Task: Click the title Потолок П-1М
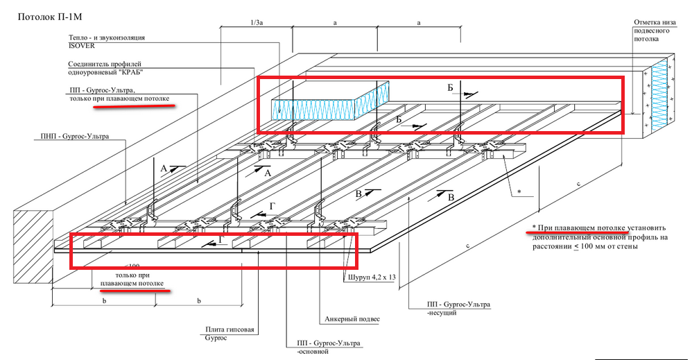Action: click(50, 17)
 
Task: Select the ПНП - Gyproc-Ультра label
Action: click(75, 137)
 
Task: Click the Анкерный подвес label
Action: click(352, 319)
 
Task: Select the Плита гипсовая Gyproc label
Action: click(230, 334)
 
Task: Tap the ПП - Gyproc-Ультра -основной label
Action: click(329, 348)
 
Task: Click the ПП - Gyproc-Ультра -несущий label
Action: click(458, 308)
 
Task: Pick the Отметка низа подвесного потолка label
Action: click(655, 31)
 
